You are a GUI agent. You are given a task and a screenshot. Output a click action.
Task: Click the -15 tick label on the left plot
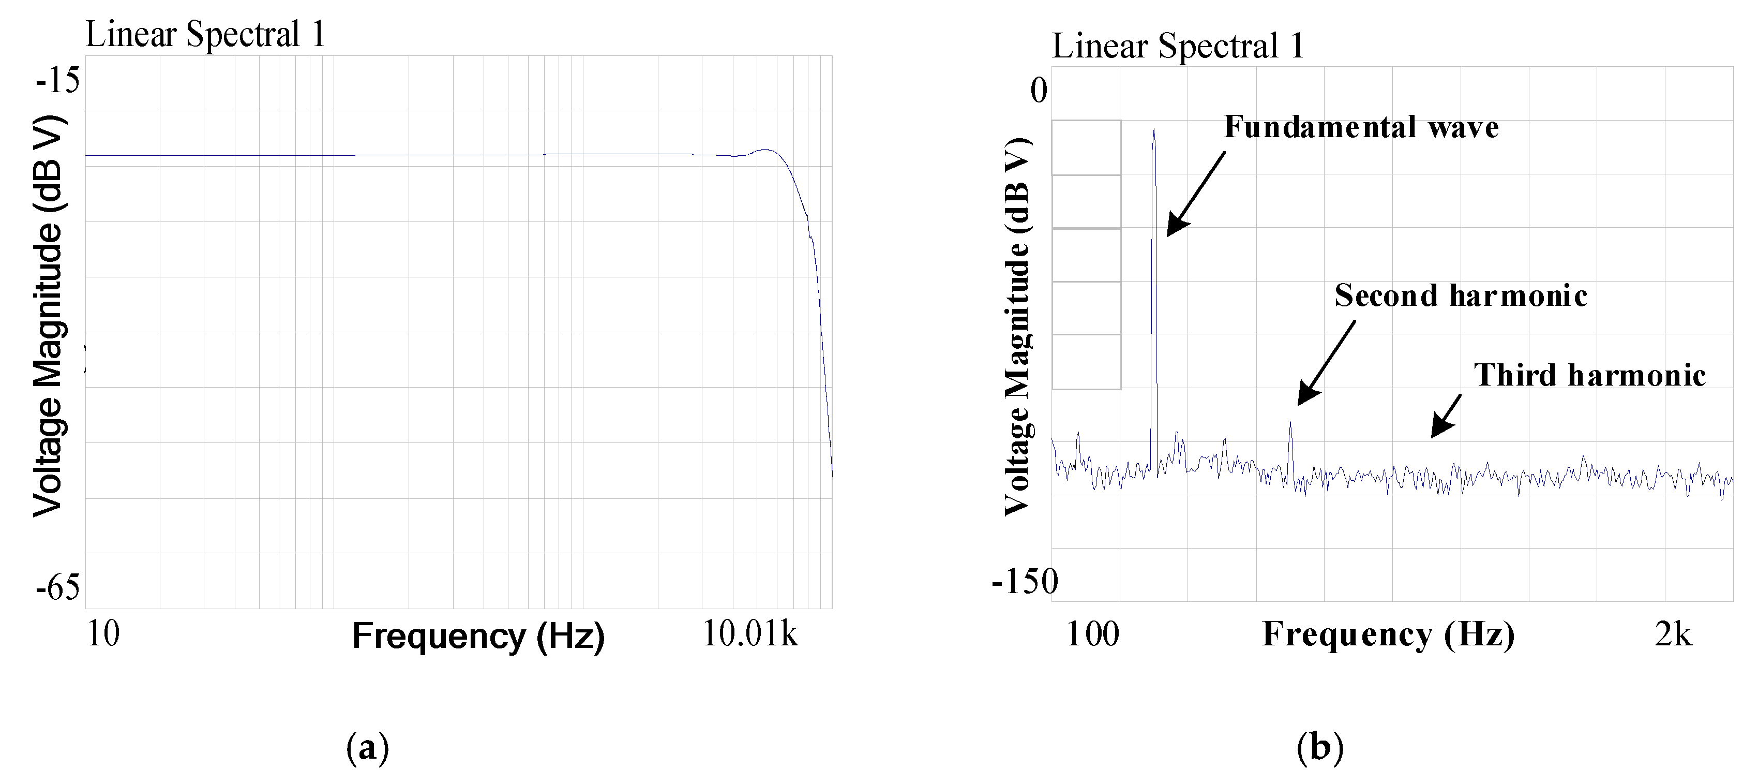[58, 81]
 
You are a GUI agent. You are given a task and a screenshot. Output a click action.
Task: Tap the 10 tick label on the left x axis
[103, 633]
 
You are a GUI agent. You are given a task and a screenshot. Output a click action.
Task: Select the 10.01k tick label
[749, 633]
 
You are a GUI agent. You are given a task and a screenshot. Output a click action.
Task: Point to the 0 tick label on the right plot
[1038, 91]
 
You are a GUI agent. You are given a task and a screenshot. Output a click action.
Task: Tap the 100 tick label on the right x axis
[1092, 634]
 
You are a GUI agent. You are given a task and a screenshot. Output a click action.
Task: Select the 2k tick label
[1673, 634]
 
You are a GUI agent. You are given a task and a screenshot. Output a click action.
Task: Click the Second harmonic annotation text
[1461, 296]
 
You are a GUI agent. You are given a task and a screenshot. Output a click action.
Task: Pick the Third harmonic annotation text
[1589, 376]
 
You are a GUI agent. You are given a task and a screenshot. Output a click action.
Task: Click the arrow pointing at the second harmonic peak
[1326, 363]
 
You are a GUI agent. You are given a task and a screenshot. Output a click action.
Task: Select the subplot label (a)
[368, 747]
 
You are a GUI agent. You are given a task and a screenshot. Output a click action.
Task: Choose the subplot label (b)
[1320, 747]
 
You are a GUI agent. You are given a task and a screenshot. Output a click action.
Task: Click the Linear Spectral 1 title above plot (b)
[1178, 47]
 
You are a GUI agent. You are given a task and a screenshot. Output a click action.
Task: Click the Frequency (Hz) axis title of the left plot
[478, 636]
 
